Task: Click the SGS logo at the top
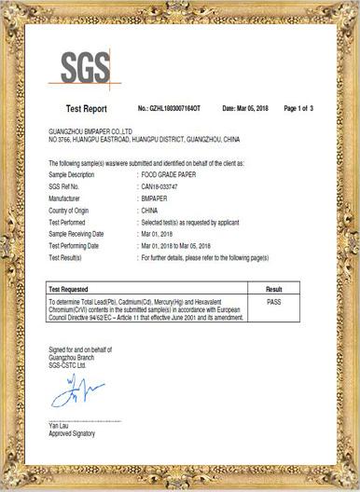tap(85, 67)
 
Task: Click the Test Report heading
tap(87, 109)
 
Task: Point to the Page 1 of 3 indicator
tap(305, 109)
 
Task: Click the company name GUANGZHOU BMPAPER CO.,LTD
tap(90, 132)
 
